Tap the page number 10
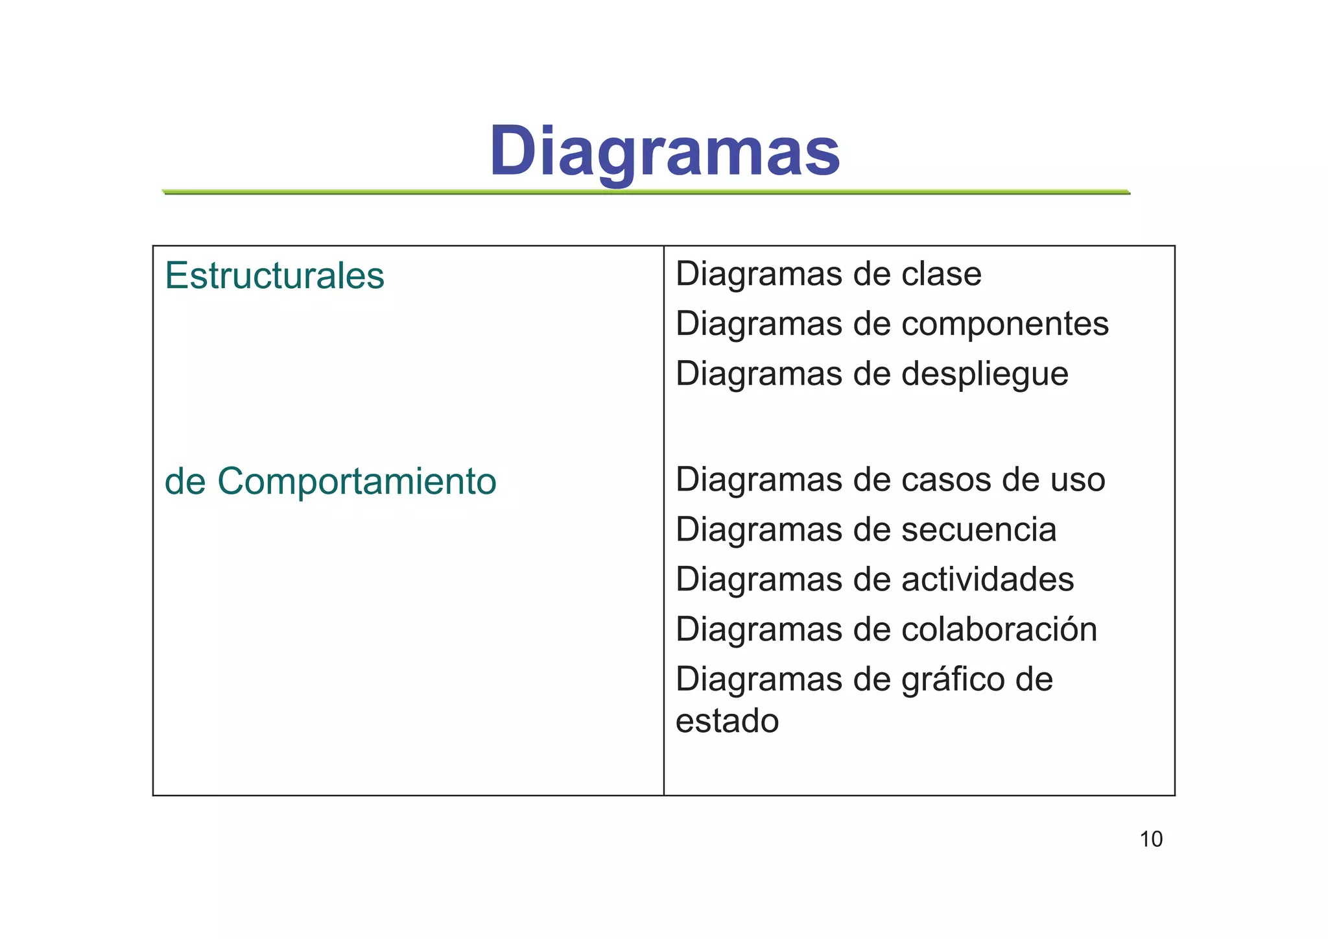pyautogui.click(x=1151, y=839)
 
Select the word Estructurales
pyautogui.click(x=274, y=276)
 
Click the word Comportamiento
pyautogui.click(x=357, y=482)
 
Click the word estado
pyautogui.click(x=727, y=721)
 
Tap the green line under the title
pyautogui.click(x=646, y=192)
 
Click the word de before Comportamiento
pyautogui.click(x=185, y=482)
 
